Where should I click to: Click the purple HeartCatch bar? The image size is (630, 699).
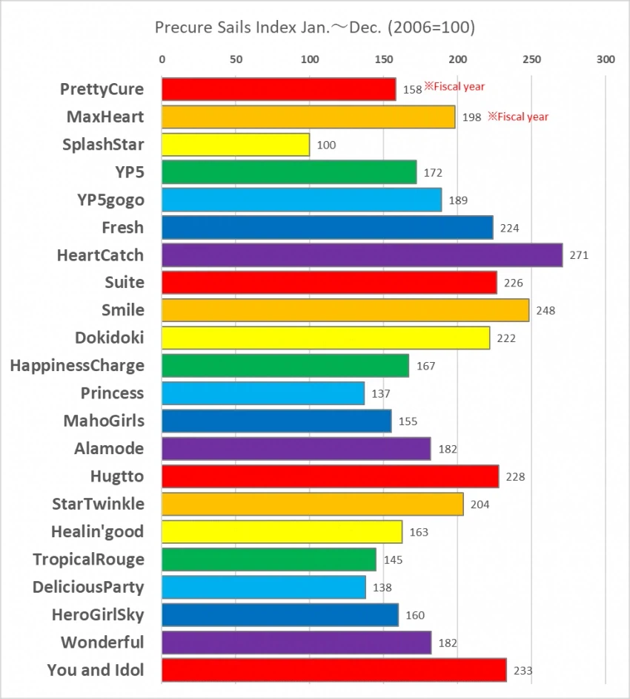362,255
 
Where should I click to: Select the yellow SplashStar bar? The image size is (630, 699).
236,145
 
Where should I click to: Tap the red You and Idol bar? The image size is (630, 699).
334,670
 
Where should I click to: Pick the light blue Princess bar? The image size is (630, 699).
263,393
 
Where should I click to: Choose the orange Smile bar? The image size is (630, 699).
345,310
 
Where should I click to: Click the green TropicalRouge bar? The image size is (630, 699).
269,559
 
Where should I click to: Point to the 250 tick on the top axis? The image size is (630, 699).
531,59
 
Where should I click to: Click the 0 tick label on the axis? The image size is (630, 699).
162,59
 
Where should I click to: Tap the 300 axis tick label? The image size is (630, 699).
606,59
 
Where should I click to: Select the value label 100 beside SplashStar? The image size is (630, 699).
326,145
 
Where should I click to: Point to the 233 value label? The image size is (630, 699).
523,671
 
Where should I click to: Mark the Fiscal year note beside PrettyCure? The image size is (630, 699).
454,87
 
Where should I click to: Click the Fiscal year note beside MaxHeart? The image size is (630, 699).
518,116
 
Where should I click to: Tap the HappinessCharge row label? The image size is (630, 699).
77,366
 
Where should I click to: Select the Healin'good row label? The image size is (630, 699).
97,531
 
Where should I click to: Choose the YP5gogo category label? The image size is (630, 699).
110,200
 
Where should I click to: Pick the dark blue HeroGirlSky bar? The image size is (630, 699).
280,614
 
